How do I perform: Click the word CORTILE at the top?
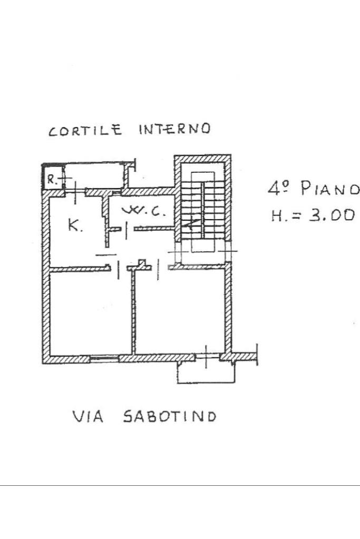(x=85, y=130)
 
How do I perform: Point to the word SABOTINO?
(x=169, y=417)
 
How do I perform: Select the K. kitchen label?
(x=74, y=227)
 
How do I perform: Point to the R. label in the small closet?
(x=51, y=178)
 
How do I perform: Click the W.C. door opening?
(x=127, y=229)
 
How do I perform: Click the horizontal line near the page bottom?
(x=180, y=485)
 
